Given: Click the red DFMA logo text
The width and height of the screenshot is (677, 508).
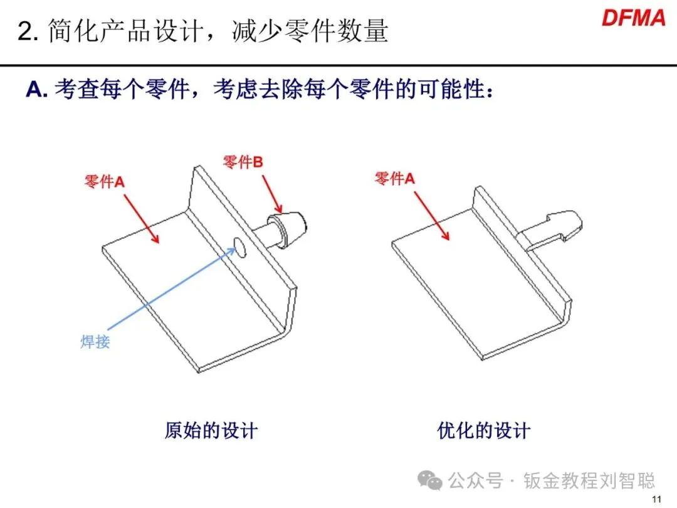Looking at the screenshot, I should click(633, 17).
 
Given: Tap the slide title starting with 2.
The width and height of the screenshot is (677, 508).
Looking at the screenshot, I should click(202, 31).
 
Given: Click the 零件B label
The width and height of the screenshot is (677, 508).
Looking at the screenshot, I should click(243, 162).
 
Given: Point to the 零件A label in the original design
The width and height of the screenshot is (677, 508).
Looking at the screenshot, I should click(105, 182).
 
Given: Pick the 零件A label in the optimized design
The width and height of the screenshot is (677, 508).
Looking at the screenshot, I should click(395, 179).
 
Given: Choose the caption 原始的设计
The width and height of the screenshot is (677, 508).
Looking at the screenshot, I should click(211, 431).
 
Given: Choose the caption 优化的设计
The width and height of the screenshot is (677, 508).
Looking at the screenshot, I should click(483, 431).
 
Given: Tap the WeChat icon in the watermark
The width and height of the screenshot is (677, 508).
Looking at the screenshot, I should click(433, 481).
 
